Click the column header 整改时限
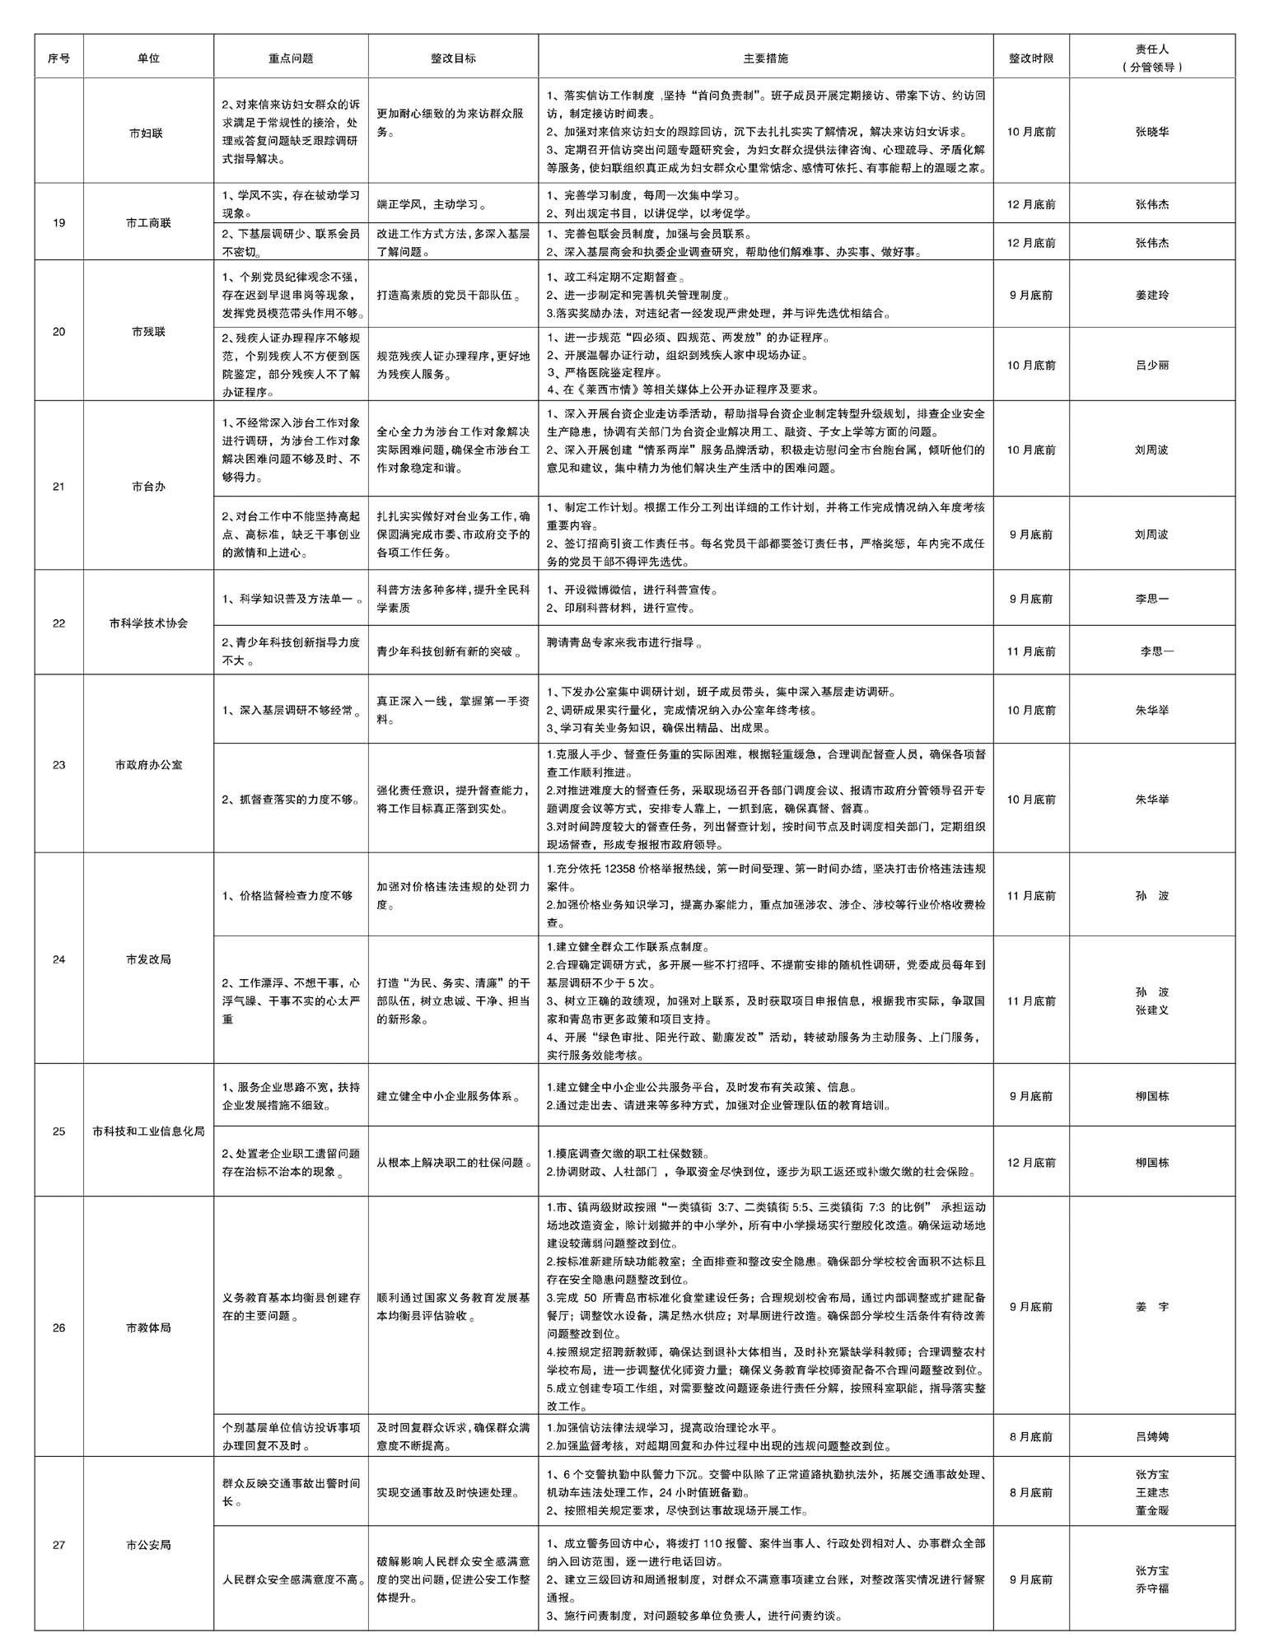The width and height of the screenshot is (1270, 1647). tap(1031, 58)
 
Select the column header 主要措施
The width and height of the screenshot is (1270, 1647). tap(765, 58)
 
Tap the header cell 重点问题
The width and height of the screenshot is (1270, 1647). tap(291, 58)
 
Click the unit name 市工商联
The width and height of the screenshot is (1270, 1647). tap(148, 223)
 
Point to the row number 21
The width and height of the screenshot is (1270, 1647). tap(58, 487)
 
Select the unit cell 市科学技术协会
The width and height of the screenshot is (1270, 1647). tap(148, 623)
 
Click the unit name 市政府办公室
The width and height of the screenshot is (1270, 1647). tap(148, 765)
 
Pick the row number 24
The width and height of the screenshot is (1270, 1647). tap(58, 959)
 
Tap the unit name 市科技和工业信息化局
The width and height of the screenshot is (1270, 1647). tap(148, 1131)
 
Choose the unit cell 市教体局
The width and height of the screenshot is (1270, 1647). tap(148, 1327)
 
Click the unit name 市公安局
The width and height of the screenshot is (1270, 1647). tap(148, 1545)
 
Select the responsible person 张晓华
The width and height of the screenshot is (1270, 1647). tap(1151, 132)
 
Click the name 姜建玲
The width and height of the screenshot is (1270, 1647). tap(1151, 295)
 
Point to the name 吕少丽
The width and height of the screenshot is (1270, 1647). tap(1151, 366)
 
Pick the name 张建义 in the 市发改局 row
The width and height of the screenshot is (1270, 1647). tap(1151, 1010)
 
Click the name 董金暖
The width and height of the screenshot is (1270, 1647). tap(1151, 1510)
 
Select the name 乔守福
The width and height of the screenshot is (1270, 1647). tap(1151, 1589)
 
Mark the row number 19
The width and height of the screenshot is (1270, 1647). tap(58, 223)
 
